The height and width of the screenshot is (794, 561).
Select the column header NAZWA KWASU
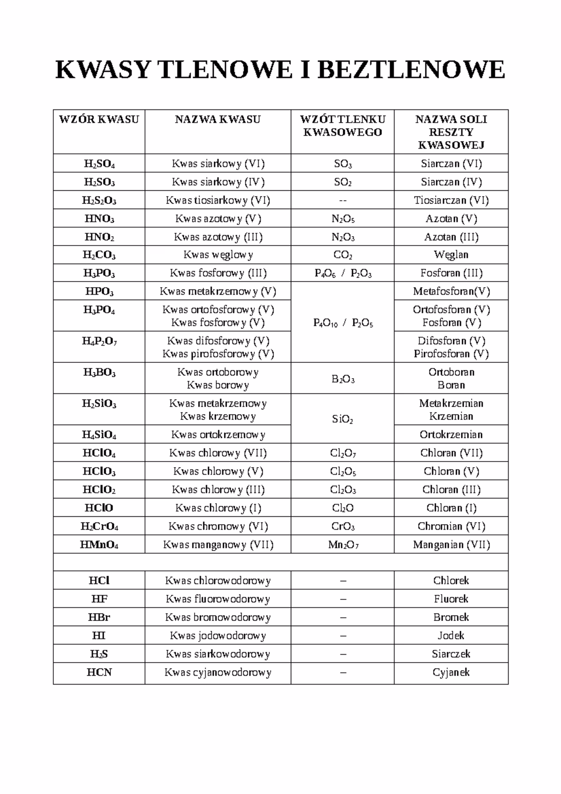click(217, 119)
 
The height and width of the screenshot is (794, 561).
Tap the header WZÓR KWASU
click(99, 119)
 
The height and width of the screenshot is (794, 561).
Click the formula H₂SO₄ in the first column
click(99, 164)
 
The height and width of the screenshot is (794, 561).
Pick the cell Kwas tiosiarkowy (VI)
click(218, 200)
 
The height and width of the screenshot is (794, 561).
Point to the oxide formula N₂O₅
click(343, 219)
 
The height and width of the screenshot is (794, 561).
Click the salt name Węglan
click(451, 255)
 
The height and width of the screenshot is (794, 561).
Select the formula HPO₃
click(99, 291)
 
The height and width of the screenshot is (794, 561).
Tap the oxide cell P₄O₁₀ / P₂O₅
click(343, 323)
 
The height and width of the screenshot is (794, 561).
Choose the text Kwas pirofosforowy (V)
click(218, 354)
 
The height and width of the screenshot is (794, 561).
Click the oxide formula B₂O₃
click(343, 379)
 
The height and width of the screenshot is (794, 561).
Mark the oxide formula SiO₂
click(343, 419)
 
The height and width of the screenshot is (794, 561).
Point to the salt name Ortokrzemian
click(451, 434)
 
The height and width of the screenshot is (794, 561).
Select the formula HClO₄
click(99, 453)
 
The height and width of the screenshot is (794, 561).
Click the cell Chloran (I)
click(451, 508)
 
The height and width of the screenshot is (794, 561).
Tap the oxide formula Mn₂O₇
click(343, 545)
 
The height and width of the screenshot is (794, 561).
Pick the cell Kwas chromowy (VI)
click(218, 526)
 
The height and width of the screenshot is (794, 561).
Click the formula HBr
click(99, 617)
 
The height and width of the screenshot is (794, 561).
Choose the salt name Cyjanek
click(451, 672)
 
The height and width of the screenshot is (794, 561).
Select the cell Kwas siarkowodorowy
click(218, 654)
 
